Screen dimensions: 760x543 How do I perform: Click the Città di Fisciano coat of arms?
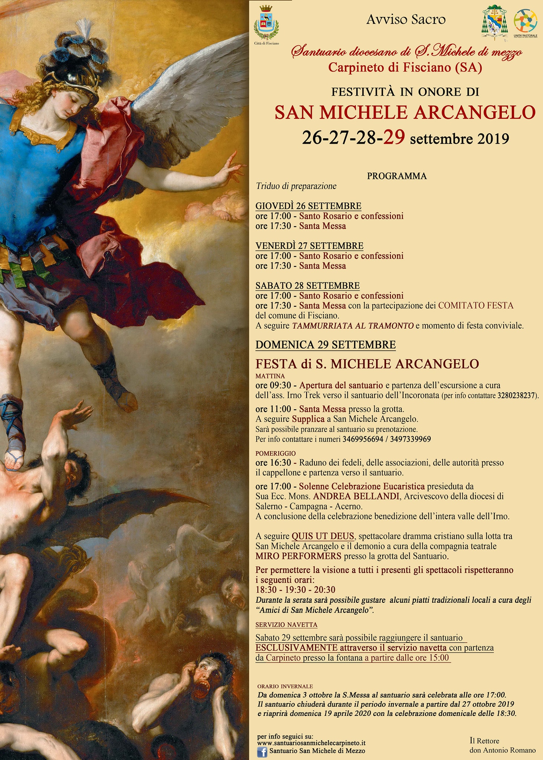point(266,23)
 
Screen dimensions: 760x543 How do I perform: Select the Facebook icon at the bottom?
point(262,752)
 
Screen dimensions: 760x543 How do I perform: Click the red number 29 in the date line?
point(394,138)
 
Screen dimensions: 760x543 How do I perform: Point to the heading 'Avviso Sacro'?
point(406,20)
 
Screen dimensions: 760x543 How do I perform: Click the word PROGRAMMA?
point(397,176)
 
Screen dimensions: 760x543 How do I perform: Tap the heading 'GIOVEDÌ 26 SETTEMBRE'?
point(308,206)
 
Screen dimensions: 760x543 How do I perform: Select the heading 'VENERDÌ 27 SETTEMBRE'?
point(309,246)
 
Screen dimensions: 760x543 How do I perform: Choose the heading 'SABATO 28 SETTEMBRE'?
point(307,285)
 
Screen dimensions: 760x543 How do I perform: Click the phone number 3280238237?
point(517,396)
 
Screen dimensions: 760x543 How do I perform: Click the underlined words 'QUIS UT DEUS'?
point(323,536)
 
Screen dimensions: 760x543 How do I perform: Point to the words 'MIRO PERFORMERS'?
point(298,556)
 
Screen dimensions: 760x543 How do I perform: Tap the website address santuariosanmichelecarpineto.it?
point(311,743)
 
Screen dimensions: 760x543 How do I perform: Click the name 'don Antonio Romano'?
point(502,750)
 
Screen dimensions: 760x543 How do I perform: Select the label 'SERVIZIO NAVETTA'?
point(286,625)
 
